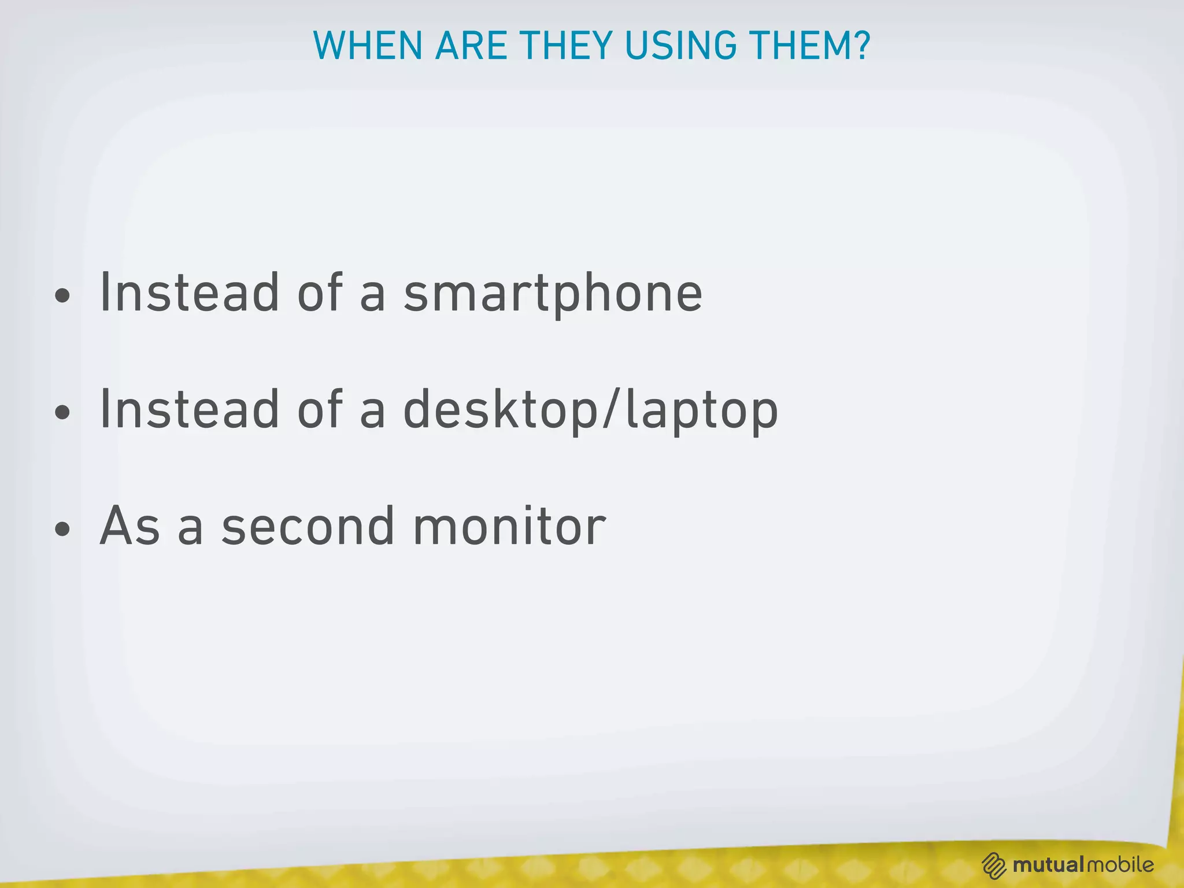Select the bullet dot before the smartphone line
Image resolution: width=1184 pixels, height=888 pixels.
click(62, 297)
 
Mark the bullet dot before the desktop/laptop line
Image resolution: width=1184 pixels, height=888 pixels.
click(62, 413)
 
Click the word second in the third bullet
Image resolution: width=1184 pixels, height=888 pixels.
click(308, 526)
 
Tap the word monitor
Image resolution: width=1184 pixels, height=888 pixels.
click(509, 526)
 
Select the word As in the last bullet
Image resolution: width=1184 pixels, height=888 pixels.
click(129, 526)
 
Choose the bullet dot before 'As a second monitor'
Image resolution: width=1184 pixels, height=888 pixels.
click(62, 529)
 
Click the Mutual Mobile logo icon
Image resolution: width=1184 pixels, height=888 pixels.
click(994, 865)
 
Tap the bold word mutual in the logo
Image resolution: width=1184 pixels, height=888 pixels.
click(1048, 865)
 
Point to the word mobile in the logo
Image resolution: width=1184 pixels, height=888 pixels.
click(1120, 865)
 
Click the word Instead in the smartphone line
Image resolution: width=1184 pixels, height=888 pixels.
click(190, 293)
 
